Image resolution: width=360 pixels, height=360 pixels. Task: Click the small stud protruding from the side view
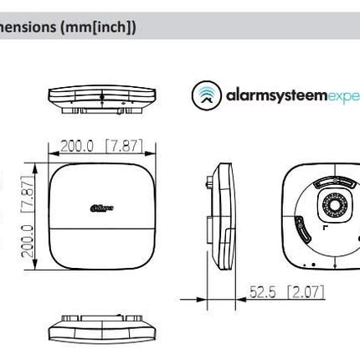point(207,228)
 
